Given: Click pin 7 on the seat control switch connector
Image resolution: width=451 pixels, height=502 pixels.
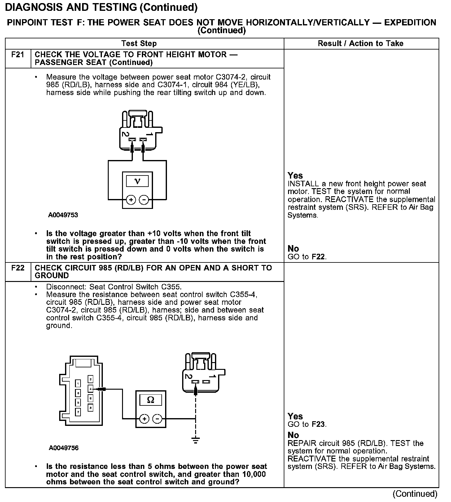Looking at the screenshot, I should (x=78, y=412).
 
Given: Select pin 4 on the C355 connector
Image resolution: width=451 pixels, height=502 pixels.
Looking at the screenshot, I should (x=90, y=388).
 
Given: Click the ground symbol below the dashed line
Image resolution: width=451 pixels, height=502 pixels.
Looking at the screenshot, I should (x=195, y=440).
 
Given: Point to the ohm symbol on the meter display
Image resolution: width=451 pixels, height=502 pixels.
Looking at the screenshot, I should (x=151, y=400).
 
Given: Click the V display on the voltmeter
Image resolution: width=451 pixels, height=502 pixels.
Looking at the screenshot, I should (x=138, y=181).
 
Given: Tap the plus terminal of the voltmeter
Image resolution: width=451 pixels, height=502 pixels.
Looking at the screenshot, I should (x=131, y=200).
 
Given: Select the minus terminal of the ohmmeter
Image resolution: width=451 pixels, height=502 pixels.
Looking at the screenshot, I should (x=158, y=419).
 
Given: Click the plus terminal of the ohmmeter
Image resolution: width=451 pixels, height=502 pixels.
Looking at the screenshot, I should (x=144, y=419).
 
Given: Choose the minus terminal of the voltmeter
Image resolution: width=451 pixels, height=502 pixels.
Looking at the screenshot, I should (x=144, y=200).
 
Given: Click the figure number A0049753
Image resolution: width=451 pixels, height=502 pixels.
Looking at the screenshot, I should (x=63, y=215).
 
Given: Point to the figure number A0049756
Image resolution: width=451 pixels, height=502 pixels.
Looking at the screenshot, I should (x=63, y=448).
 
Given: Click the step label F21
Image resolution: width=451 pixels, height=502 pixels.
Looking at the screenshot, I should (x=18, y=55).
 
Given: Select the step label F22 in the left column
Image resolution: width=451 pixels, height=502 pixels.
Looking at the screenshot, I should (x=18, y=268).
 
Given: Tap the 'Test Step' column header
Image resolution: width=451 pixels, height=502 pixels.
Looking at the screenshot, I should (x=139, y=43).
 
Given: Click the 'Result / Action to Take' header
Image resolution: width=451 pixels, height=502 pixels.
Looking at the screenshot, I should (x=361, y=43).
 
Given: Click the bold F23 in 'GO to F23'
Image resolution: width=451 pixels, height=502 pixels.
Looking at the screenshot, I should (x=318, y=424).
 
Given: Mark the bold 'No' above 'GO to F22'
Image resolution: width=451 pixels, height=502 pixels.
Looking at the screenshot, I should (x=293, y=249).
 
